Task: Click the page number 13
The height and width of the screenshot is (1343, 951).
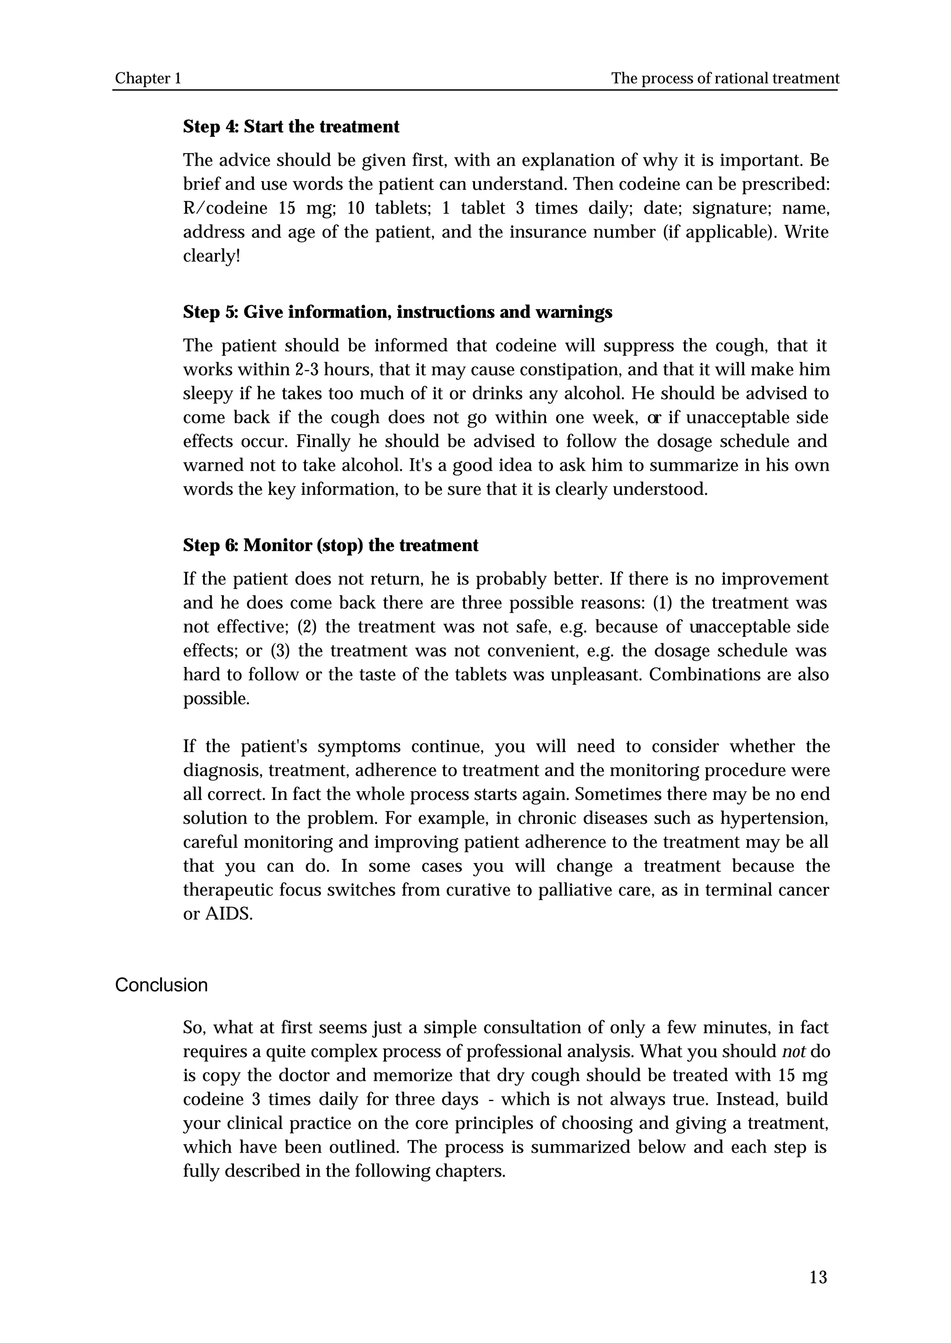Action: pyautogui.click(x=818, y=1277)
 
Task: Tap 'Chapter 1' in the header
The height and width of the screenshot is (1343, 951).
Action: pyautogui.click(x=148, y=78)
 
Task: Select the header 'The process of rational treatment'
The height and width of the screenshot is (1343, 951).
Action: pyautogui.click(x=725, y=78)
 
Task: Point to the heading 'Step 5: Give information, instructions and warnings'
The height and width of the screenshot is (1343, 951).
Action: pyautogui.click(x=397, y=312)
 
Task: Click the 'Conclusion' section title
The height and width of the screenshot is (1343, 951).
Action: pyautogui.click(x=161, y=985)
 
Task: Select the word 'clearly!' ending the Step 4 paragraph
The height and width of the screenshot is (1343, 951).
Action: pyautogui.click(x=211, y=256)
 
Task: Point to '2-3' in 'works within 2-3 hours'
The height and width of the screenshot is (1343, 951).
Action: pyautogui.click(x=307, y=370)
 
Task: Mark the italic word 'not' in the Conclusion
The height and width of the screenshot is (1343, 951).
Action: pyautogui.click(x=794, y=1051)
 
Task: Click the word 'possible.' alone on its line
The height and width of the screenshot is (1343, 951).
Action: pyautogui.click(x=216, y=699)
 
